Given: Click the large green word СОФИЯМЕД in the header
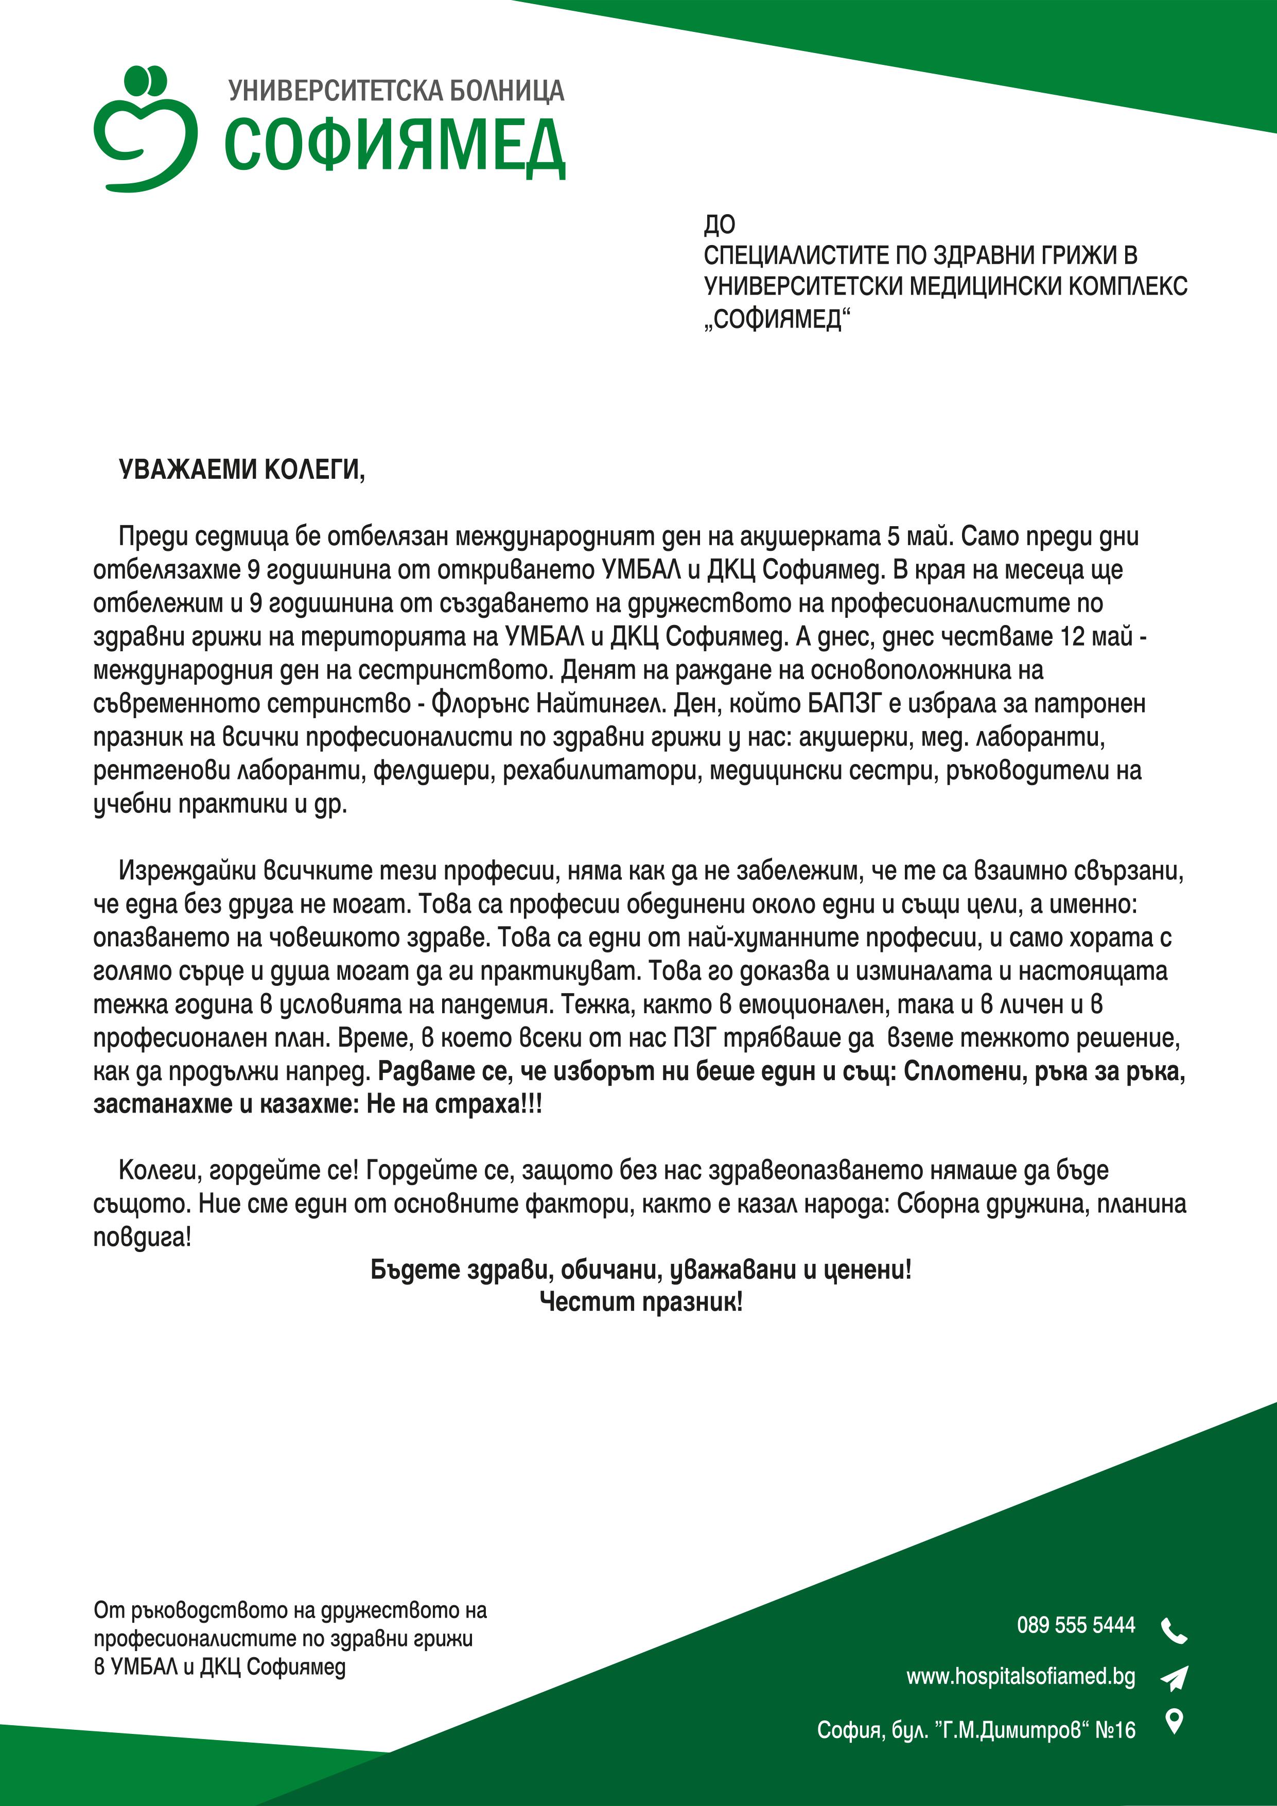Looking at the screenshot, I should (x=395, y=146).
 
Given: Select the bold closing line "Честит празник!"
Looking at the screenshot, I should (x=641, y=1302).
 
